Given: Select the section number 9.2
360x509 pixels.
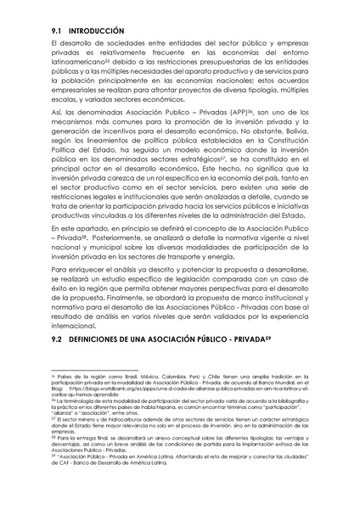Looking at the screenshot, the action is click(58, 339).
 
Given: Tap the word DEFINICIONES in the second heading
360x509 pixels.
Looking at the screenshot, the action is click(103, 339).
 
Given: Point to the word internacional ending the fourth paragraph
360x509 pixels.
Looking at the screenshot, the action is click(76, 324).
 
